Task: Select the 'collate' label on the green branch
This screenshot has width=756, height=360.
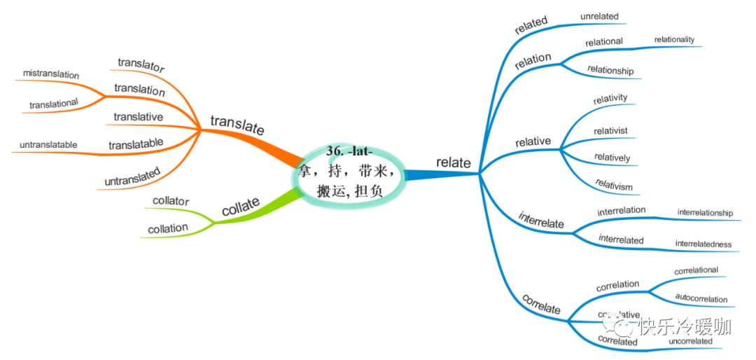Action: coord(241,208)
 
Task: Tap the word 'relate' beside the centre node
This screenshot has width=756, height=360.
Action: coord(454,162)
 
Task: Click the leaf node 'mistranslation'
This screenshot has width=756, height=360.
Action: coord(50,74)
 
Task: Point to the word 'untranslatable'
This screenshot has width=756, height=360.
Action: coord(48,145)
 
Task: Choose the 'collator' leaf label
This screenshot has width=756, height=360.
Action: coord(171,202)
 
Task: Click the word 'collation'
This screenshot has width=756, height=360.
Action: coord(168,228)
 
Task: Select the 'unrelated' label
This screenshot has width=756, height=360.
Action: coord(599,15)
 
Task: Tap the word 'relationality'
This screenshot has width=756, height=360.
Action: coord(674,39)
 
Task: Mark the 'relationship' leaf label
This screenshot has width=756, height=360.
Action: coord(610,70)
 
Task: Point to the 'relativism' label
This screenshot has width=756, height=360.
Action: coord(613,186)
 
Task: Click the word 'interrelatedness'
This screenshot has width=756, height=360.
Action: coord(703,244)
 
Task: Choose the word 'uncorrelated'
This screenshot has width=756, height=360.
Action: coord(690,341)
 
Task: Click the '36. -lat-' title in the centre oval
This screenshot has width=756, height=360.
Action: coord(349,151)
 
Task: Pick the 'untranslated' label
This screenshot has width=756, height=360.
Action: coord(132,176)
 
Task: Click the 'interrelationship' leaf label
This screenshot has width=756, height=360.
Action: coord(705,212)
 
